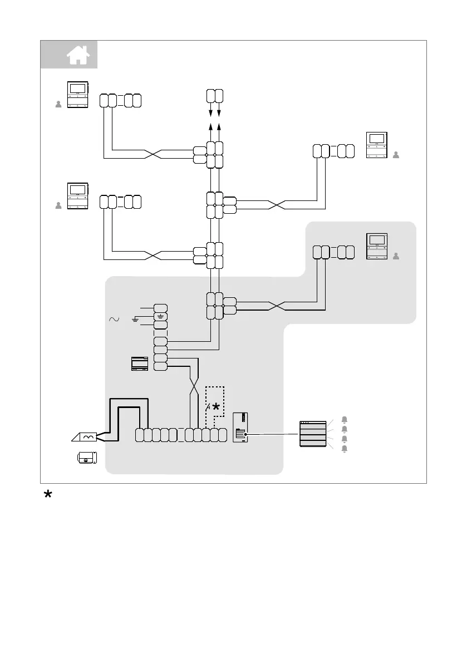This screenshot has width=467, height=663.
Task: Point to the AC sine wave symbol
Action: click(114, 320)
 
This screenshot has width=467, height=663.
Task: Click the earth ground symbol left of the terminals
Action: click(135, 319)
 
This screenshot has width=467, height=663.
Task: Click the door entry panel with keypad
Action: click(241, 428)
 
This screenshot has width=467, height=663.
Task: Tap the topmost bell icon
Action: click(344, 419)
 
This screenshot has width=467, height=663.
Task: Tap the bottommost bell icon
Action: click(344, 449)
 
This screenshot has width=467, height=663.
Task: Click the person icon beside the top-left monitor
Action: click(58, 104)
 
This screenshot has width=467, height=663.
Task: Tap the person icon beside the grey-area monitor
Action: click(396, 257)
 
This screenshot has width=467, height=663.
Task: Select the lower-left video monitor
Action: click(77, 195)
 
